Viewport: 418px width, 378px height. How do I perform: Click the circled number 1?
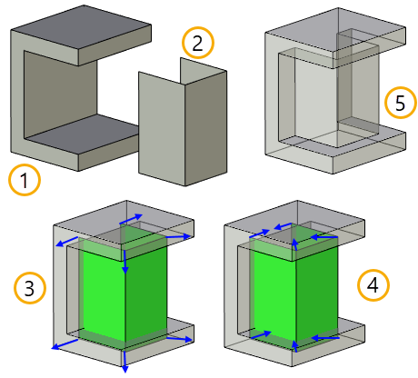click(25, 180)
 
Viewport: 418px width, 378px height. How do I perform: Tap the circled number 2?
click(198, 43)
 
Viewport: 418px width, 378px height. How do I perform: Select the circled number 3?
click(30, 288)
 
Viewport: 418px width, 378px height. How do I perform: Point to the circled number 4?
click(373, 285)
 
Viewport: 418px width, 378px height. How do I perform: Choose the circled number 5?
click(401, 103)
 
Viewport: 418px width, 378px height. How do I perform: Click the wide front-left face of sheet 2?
click(162, 127)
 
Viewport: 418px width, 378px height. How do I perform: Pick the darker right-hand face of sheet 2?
click(206, 127)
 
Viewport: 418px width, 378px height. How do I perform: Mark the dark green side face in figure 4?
click(317, 293)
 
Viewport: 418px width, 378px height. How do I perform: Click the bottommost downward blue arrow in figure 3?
click(124, 362)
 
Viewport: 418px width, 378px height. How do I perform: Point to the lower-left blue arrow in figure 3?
click(65, 344)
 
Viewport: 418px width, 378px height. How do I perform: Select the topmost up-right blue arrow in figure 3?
click(131, 219)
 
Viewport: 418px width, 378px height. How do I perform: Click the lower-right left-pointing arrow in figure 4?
click(325, 337)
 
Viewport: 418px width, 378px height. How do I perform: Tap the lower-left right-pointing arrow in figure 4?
click(261, 334)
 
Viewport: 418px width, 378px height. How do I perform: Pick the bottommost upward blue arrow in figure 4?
click(294, 346)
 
